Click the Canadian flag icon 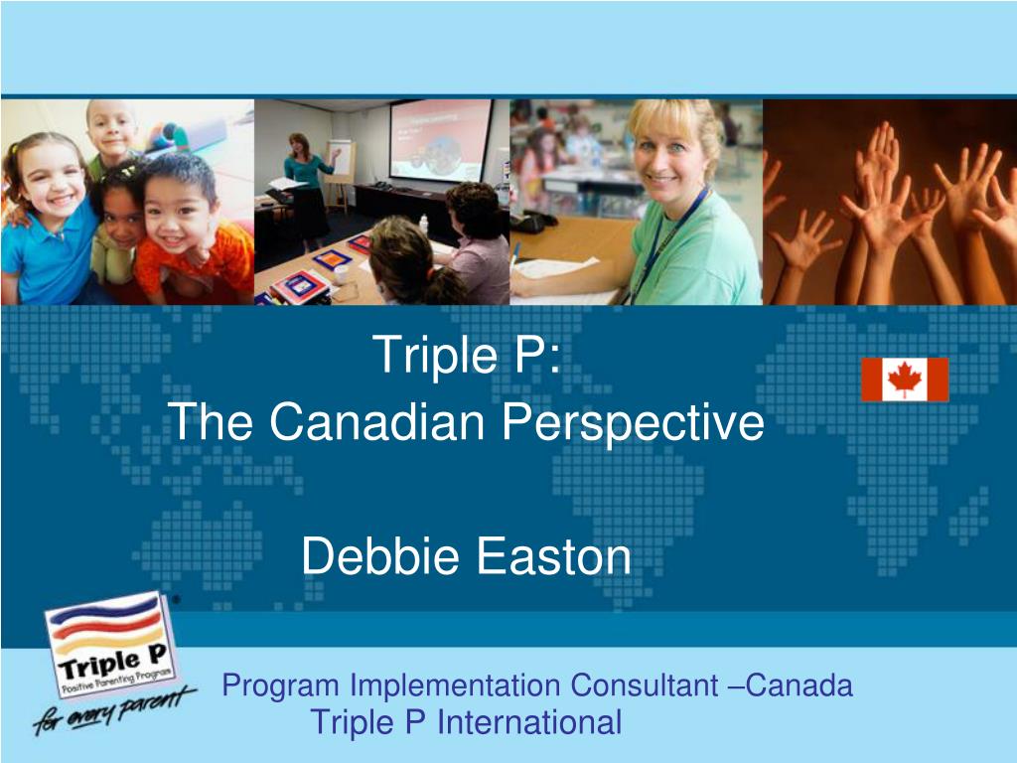click(904, 380)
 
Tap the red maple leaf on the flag click(905, 379)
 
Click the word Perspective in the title click(633, 423)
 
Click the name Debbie click(382, 556)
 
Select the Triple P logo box click(109, 646)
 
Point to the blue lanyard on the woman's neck click(675, 238)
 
